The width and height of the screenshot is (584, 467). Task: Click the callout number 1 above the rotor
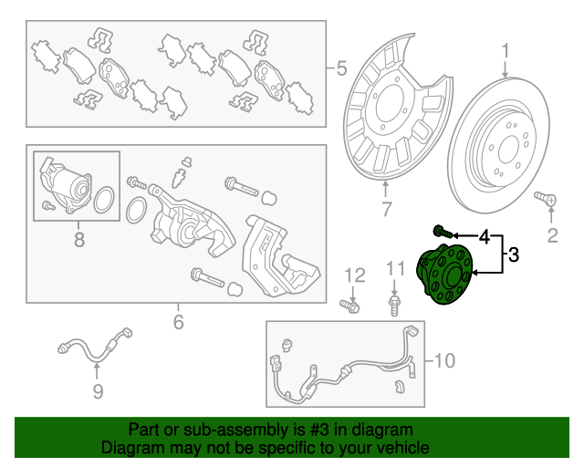coord(505,51)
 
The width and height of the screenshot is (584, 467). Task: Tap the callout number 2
coord(552,235)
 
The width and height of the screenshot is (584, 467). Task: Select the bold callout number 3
coord(513,255)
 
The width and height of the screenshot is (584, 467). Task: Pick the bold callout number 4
coord(485,236)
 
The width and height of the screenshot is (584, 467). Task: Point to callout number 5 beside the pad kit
coord(341,68)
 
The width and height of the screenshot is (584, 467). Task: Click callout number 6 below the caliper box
coord(179,322)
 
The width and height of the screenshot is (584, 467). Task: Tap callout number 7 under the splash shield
coord(386,209)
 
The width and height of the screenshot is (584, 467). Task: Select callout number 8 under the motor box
coord(79,240)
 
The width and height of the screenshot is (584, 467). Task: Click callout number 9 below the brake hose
coord(98,391)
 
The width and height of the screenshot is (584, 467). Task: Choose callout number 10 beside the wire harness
coord(444,360)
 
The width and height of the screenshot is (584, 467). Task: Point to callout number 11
coord(395,268)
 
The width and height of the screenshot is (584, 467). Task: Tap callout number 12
coord(355,275)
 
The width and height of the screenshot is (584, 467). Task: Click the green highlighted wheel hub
coord(444,274)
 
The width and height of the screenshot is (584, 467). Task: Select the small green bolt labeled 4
coord(443,232)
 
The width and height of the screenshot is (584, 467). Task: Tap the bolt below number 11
coord(394,306)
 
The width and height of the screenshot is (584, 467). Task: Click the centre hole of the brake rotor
coord(508,150)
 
